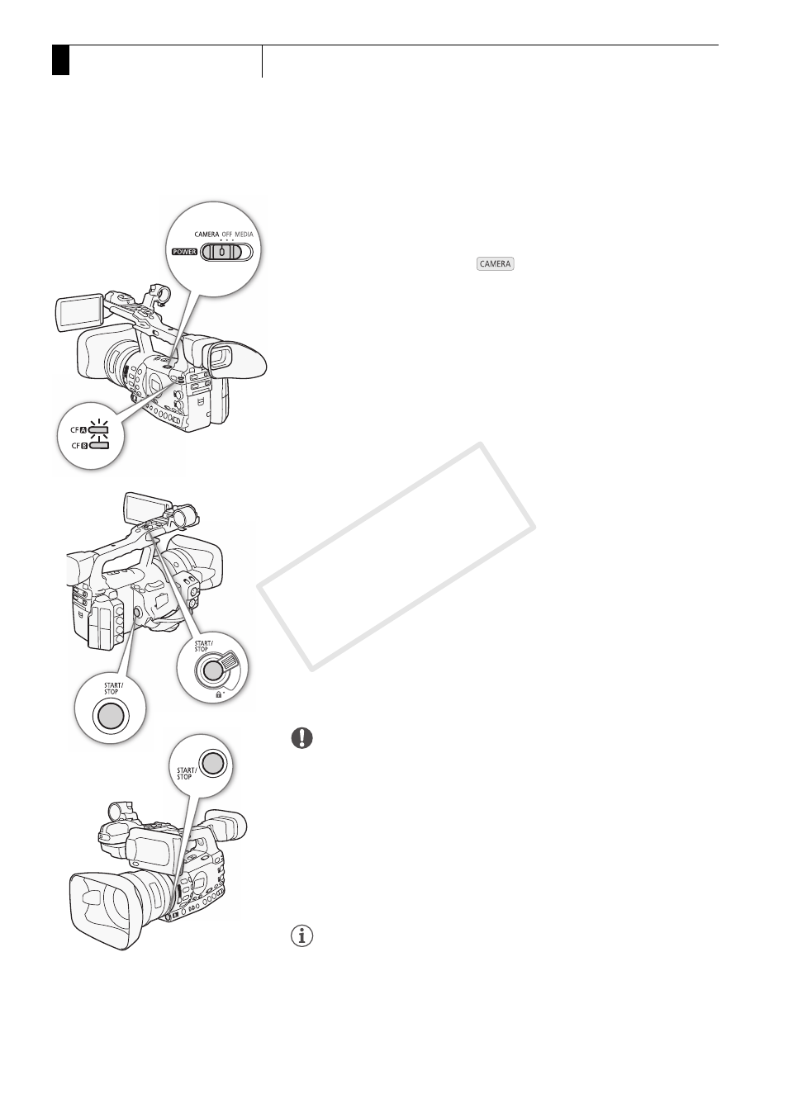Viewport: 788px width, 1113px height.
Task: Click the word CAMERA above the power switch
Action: point(206,234)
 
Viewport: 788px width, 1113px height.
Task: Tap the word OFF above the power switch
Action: point(227,234)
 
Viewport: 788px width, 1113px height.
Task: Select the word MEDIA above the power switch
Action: point(244,234)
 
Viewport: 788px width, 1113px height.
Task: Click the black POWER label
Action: point(184,252)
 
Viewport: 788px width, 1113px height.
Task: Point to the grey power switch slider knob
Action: point(221,253)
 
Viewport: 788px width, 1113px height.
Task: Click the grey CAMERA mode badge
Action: point(495,264)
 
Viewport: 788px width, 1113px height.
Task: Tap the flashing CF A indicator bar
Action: point(98,430)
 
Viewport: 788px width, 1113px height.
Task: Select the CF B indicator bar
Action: point(98,446)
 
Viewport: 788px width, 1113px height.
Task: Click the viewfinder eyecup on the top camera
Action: point(237,358)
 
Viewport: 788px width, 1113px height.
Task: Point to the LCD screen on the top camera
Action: point(79,313)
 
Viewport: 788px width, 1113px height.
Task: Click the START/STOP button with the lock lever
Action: point(212,670)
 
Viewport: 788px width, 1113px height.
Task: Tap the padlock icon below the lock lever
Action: point(218,695)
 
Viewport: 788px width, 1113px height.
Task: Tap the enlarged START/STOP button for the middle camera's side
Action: point(111,716)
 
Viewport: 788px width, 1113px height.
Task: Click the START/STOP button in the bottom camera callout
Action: point(212,763)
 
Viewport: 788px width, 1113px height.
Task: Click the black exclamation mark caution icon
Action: point(301,738)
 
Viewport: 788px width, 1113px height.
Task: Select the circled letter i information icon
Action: point(301,936)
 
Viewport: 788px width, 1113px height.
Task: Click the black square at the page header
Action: point(60,60)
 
